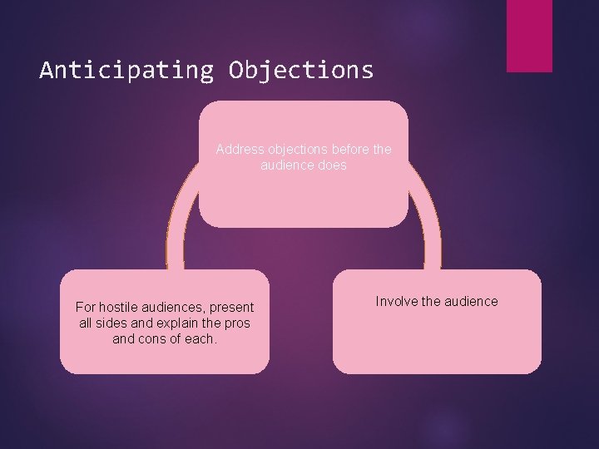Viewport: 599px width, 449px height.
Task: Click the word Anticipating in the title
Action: pyautogui.click(x=126, y=70)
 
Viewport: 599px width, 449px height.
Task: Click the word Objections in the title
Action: pyautogui.click(x=301, y=70)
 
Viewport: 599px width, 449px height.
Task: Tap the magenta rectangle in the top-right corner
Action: pyautogui.click(x=529, y=35)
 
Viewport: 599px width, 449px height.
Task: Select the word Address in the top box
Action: pyautogui.click(x=239, y=150)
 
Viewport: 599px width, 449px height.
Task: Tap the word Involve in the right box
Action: pyautogui.click(x=396, y=301)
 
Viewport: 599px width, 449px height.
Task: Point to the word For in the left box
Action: pyautogui.click(x=86, y=308)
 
